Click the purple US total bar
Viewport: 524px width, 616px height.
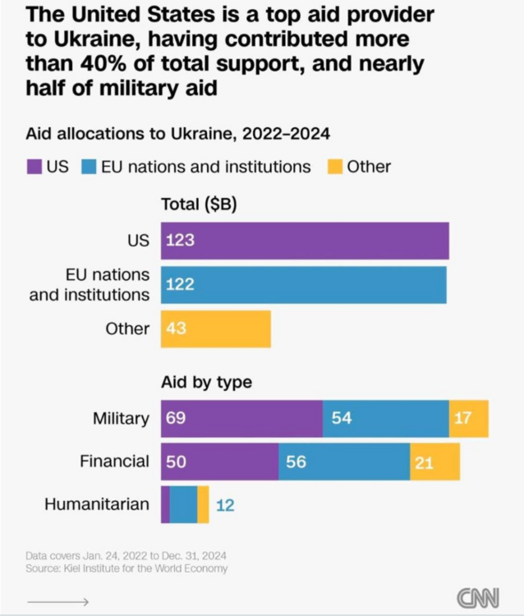[305, 241]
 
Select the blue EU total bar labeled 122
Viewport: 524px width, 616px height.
[304, 284]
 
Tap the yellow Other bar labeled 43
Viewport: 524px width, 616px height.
[215, 329]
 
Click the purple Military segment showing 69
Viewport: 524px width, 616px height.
[241, 419]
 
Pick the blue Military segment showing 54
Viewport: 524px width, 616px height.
[385, 419]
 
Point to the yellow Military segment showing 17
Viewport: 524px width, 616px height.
[468, 419]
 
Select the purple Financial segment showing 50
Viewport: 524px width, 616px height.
[219, 462]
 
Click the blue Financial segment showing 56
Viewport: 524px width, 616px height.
[344, 462]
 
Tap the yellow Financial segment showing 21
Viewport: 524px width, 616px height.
[434, 462]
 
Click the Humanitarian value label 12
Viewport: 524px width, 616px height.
[225, 505]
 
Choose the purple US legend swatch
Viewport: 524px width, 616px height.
[34, 167]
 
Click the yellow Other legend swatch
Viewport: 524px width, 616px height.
[334, 167]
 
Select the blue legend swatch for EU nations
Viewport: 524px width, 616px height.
[89, 167]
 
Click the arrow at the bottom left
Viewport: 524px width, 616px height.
[57, 602]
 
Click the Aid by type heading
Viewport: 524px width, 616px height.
[206, 382]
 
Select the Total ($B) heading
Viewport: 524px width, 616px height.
[199, 205]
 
